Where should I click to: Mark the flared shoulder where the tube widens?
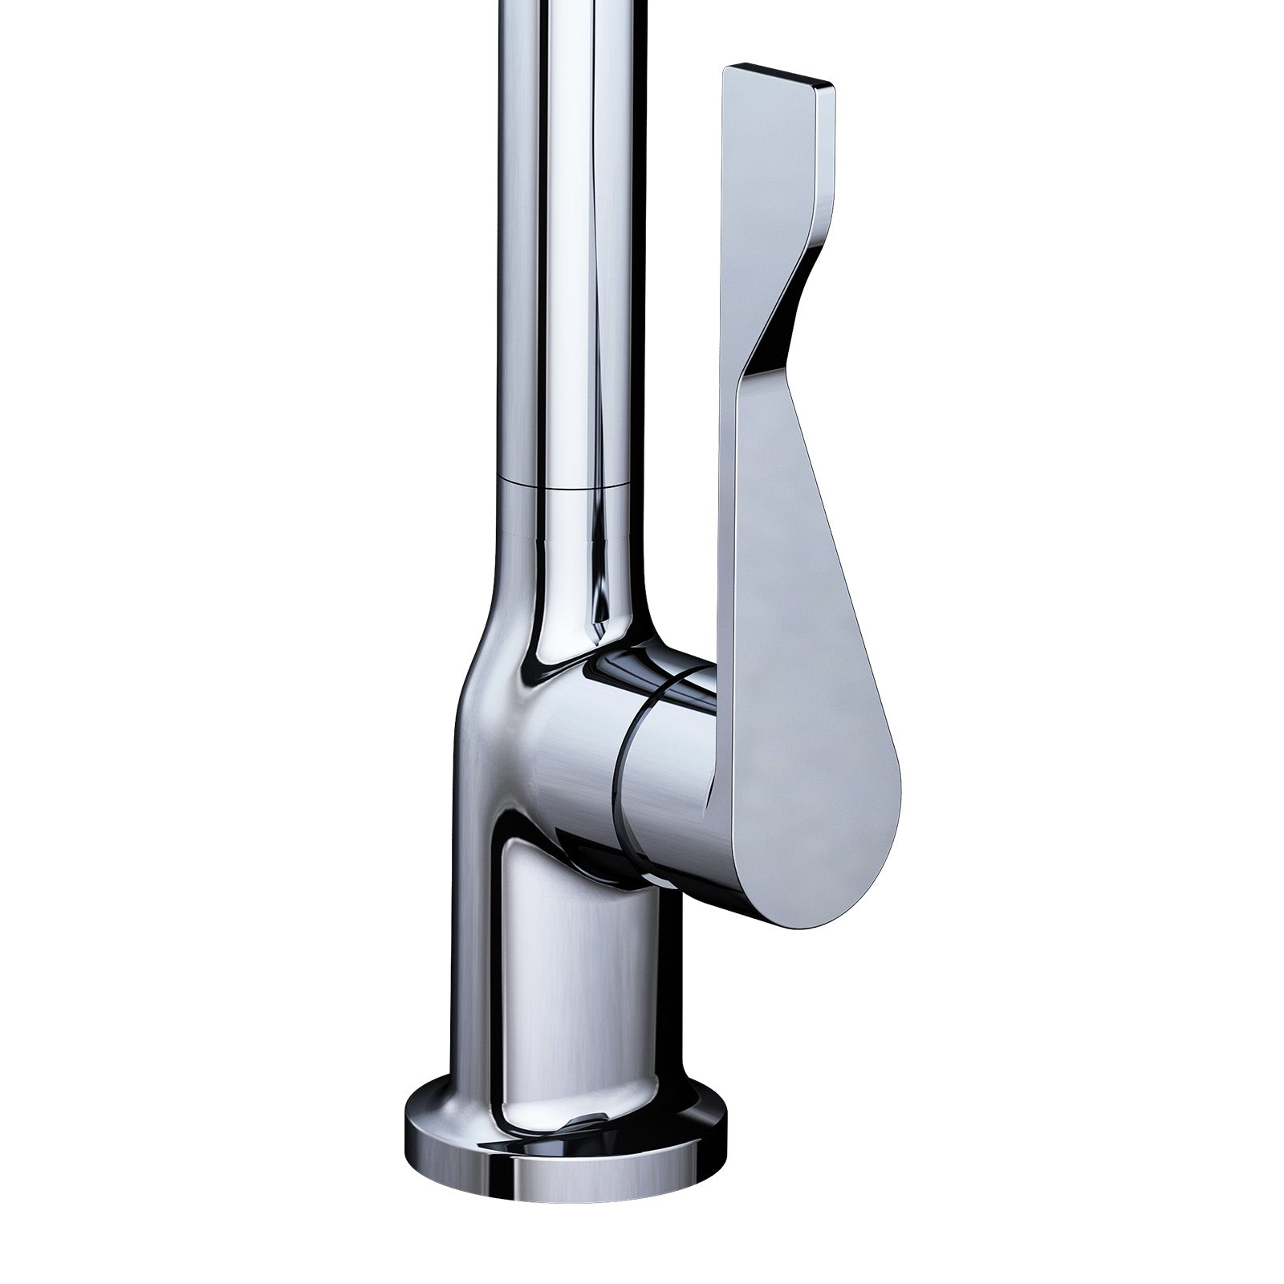pos(481,642)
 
